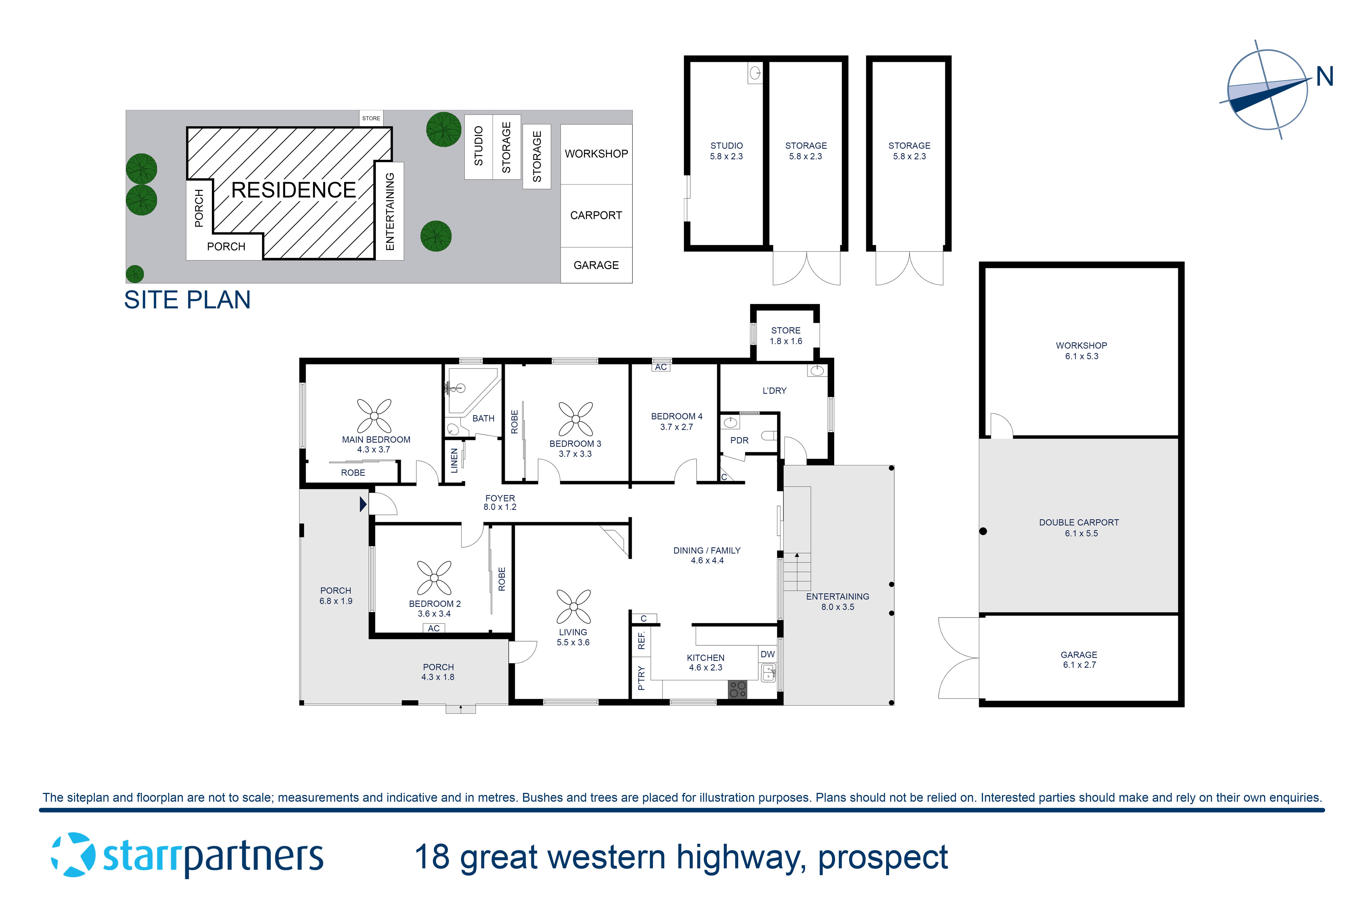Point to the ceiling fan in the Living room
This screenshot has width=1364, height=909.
tap(574, 606)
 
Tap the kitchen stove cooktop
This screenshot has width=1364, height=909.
tap(738, 689)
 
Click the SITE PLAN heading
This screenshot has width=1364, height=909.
tap(187, 300)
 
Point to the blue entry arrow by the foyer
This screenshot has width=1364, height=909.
tap(363, 504)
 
